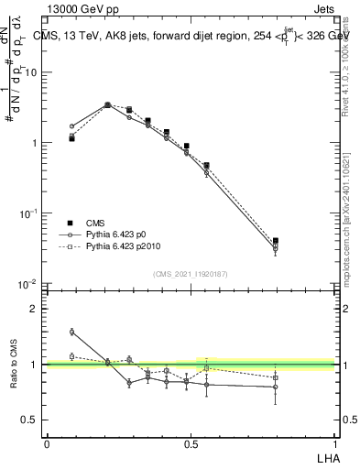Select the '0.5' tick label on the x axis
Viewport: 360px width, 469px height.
point(191,442)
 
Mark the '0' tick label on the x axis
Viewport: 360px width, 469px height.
point(47,442)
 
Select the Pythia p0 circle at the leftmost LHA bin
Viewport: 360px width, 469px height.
point(71,126)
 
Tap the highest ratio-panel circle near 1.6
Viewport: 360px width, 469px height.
point(71,332)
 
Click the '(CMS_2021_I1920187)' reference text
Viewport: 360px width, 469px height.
point(191,274)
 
